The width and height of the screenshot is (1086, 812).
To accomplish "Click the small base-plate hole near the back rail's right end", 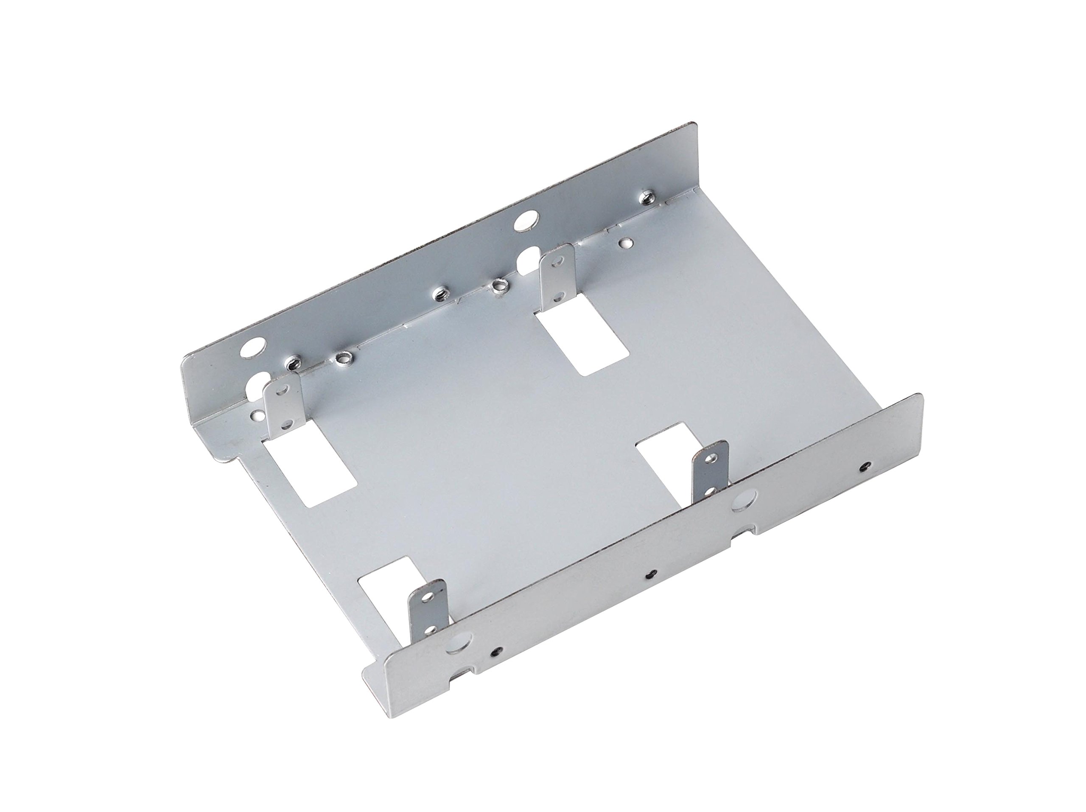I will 625,243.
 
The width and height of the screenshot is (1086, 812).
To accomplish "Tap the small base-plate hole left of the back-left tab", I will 256,415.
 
